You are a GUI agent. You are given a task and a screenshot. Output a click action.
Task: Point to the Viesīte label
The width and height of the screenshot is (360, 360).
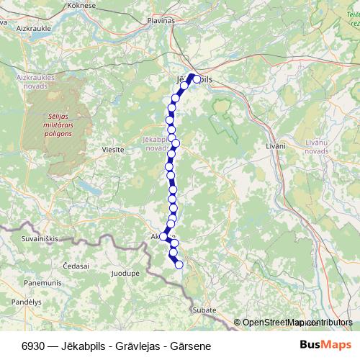(113, 150)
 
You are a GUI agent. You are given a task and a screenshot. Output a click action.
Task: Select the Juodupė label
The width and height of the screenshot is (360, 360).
(125, 274)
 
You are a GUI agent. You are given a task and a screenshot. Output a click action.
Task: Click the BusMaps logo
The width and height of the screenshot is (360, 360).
(320, 345)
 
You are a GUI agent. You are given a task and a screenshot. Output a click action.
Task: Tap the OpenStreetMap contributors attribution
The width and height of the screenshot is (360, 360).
(297, 322)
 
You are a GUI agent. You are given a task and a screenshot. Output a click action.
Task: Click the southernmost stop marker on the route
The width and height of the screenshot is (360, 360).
(179, 265)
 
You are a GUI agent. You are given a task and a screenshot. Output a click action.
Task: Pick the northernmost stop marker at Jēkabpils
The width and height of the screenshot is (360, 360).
(196, 79)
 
